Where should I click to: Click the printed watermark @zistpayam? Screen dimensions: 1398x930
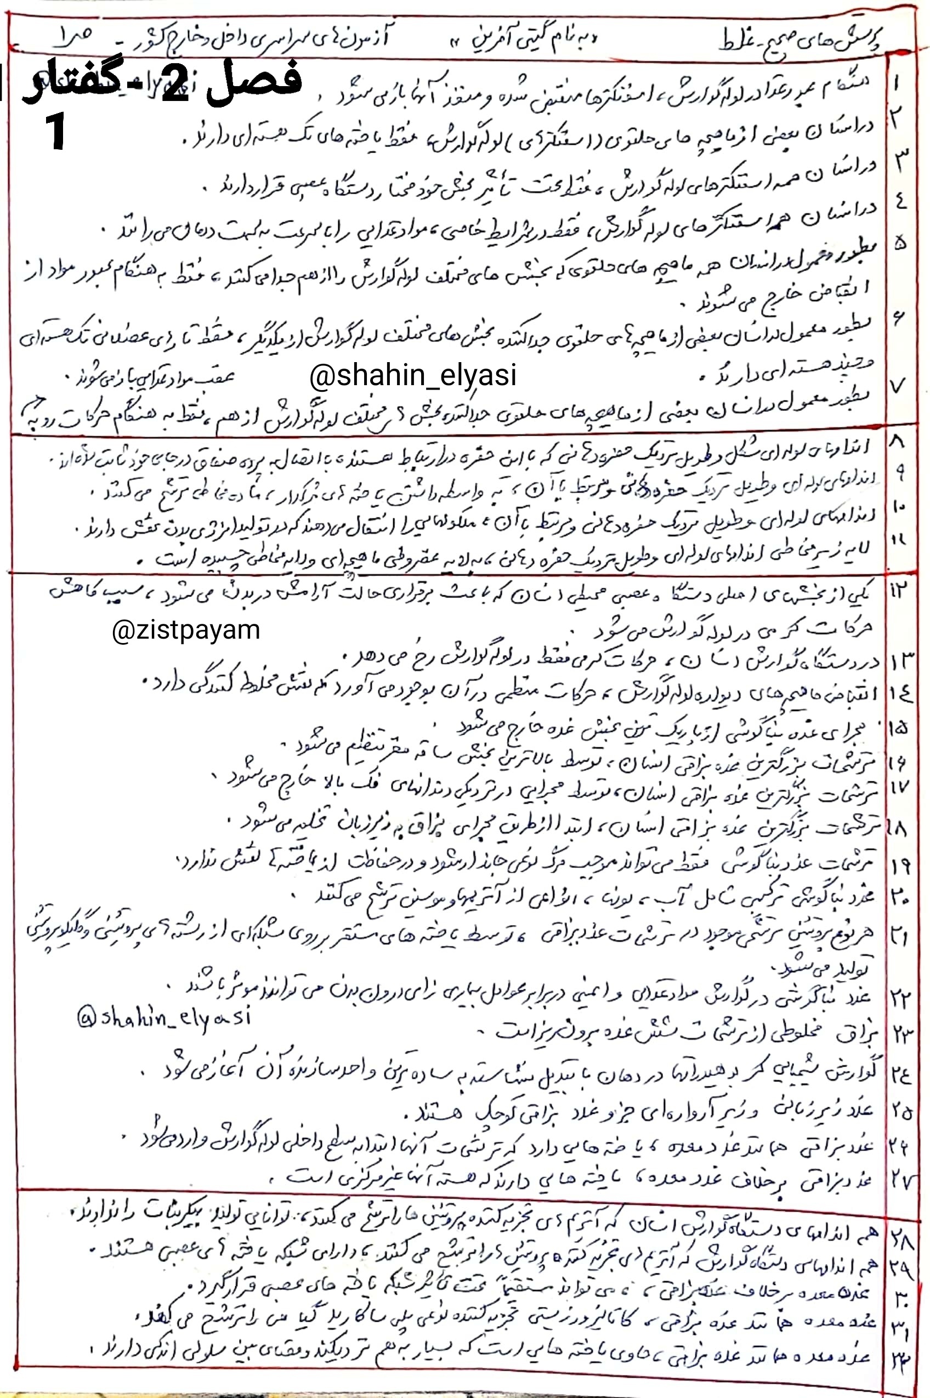click(186, 629)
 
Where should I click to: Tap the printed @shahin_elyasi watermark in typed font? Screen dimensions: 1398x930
click(412, 376)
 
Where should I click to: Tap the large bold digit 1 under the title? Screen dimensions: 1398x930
click(56, 133)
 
